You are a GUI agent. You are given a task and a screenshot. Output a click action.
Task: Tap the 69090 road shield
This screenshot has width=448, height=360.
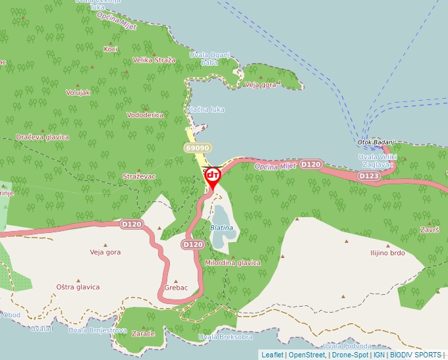198,148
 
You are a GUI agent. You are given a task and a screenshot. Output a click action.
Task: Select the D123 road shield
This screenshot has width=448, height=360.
368,176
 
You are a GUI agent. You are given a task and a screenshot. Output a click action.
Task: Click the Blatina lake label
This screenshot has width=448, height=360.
221,228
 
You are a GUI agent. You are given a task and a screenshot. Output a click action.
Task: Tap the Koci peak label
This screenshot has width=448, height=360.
111,49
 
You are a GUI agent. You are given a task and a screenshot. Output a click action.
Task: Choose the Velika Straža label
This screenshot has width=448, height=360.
154,60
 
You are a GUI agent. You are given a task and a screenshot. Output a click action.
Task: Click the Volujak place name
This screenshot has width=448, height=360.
78,93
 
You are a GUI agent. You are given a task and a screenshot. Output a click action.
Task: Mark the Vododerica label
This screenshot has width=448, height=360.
145,115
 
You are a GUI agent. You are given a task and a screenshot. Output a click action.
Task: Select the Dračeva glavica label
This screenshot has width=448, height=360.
43,137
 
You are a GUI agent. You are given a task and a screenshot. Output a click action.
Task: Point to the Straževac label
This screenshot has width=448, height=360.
139,176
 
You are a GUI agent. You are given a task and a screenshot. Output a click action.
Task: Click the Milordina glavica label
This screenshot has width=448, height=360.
233,263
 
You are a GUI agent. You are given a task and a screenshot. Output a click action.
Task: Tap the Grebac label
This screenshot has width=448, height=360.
177,288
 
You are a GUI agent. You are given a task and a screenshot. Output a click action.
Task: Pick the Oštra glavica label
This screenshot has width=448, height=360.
78,287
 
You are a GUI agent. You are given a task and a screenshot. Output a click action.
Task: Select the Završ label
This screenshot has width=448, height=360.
430,230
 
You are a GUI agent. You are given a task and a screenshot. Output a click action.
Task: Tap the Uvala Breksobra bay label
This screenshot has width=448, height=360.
225,337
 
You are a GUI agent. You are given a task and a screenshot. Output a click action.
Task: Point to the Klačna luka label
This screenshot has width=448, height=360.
206,109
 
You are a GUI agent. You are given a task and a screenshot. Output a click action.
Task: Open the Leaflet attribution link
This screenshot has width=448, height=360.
273,355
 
